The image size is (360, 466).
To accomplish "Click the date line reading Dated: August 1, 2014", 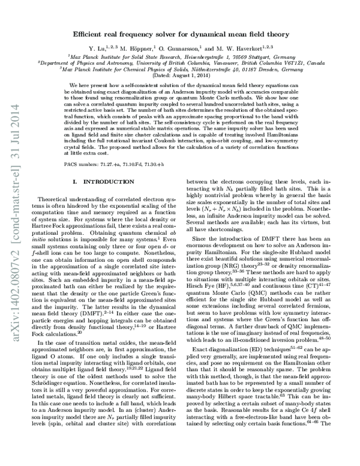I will pos(179,75).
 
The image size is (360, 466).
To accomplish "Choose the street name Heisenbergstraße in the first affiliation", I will pos(213,55).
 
